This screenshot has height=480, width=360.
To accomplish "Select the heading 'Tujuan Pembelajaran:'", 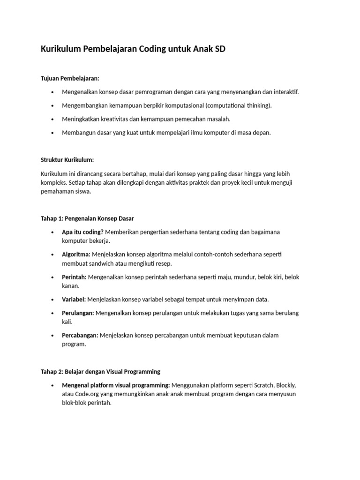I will pos(70,78).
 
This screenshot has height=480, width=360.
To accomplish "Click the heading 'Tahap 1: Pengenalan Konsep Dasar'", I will pos(88,218).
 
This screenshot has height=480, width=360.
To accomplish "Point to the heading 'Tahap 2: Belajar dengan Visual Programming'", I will pos(101,371).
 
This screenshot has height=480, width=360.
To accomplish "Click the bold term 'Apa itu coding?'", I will pos(83,232).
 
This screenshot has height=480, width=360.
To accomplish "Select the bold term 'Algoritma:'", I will pos(76,255).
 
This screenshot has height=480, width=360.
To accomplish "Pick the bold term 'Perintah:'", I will pos(74,277).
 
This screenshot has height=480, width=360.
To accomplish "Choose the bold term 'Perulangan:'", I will pos(78,313).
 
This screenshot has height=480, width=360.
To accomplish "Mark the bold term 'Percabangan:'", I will pos(80,335).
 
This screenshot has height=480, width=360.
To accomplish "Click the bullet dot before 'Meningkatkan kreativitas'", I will pos(52,119).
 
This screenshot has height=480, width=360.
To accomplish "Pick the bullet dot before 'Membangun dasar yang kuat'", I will pos(52,133).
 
